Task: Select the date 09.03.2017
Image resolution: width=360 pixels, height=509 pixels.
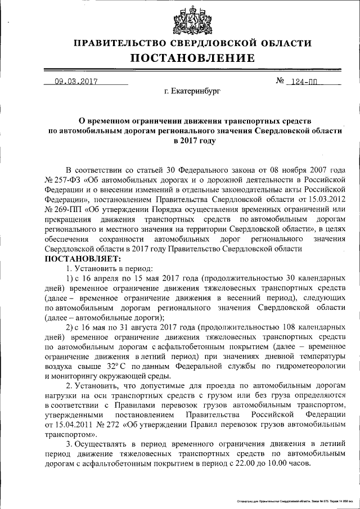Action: [x=76, y=81]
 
